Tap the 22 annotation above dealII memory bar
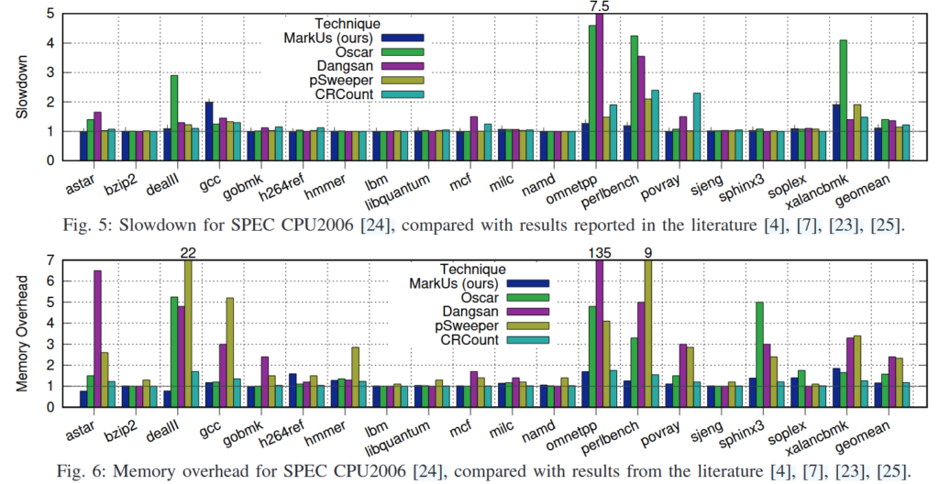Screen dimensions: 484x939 [x=188, y=254]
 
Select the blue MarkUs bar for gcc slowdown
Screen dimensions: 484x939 [x=209, y=131]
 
